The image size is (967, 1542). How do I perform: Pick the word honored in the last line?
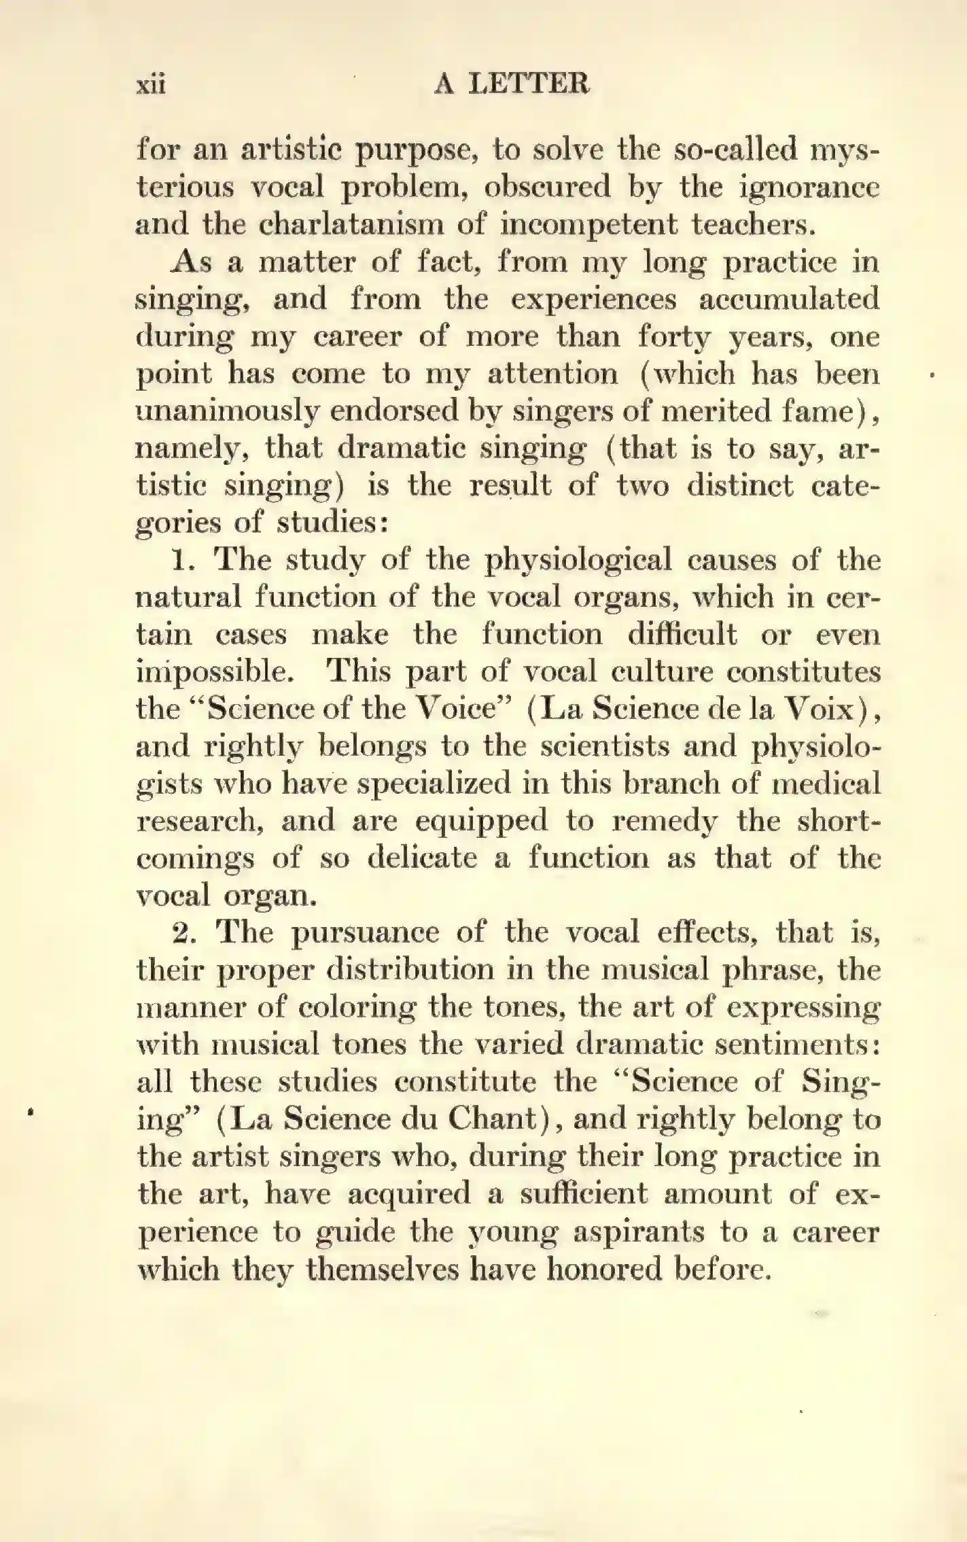[x=603, y=1269]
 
